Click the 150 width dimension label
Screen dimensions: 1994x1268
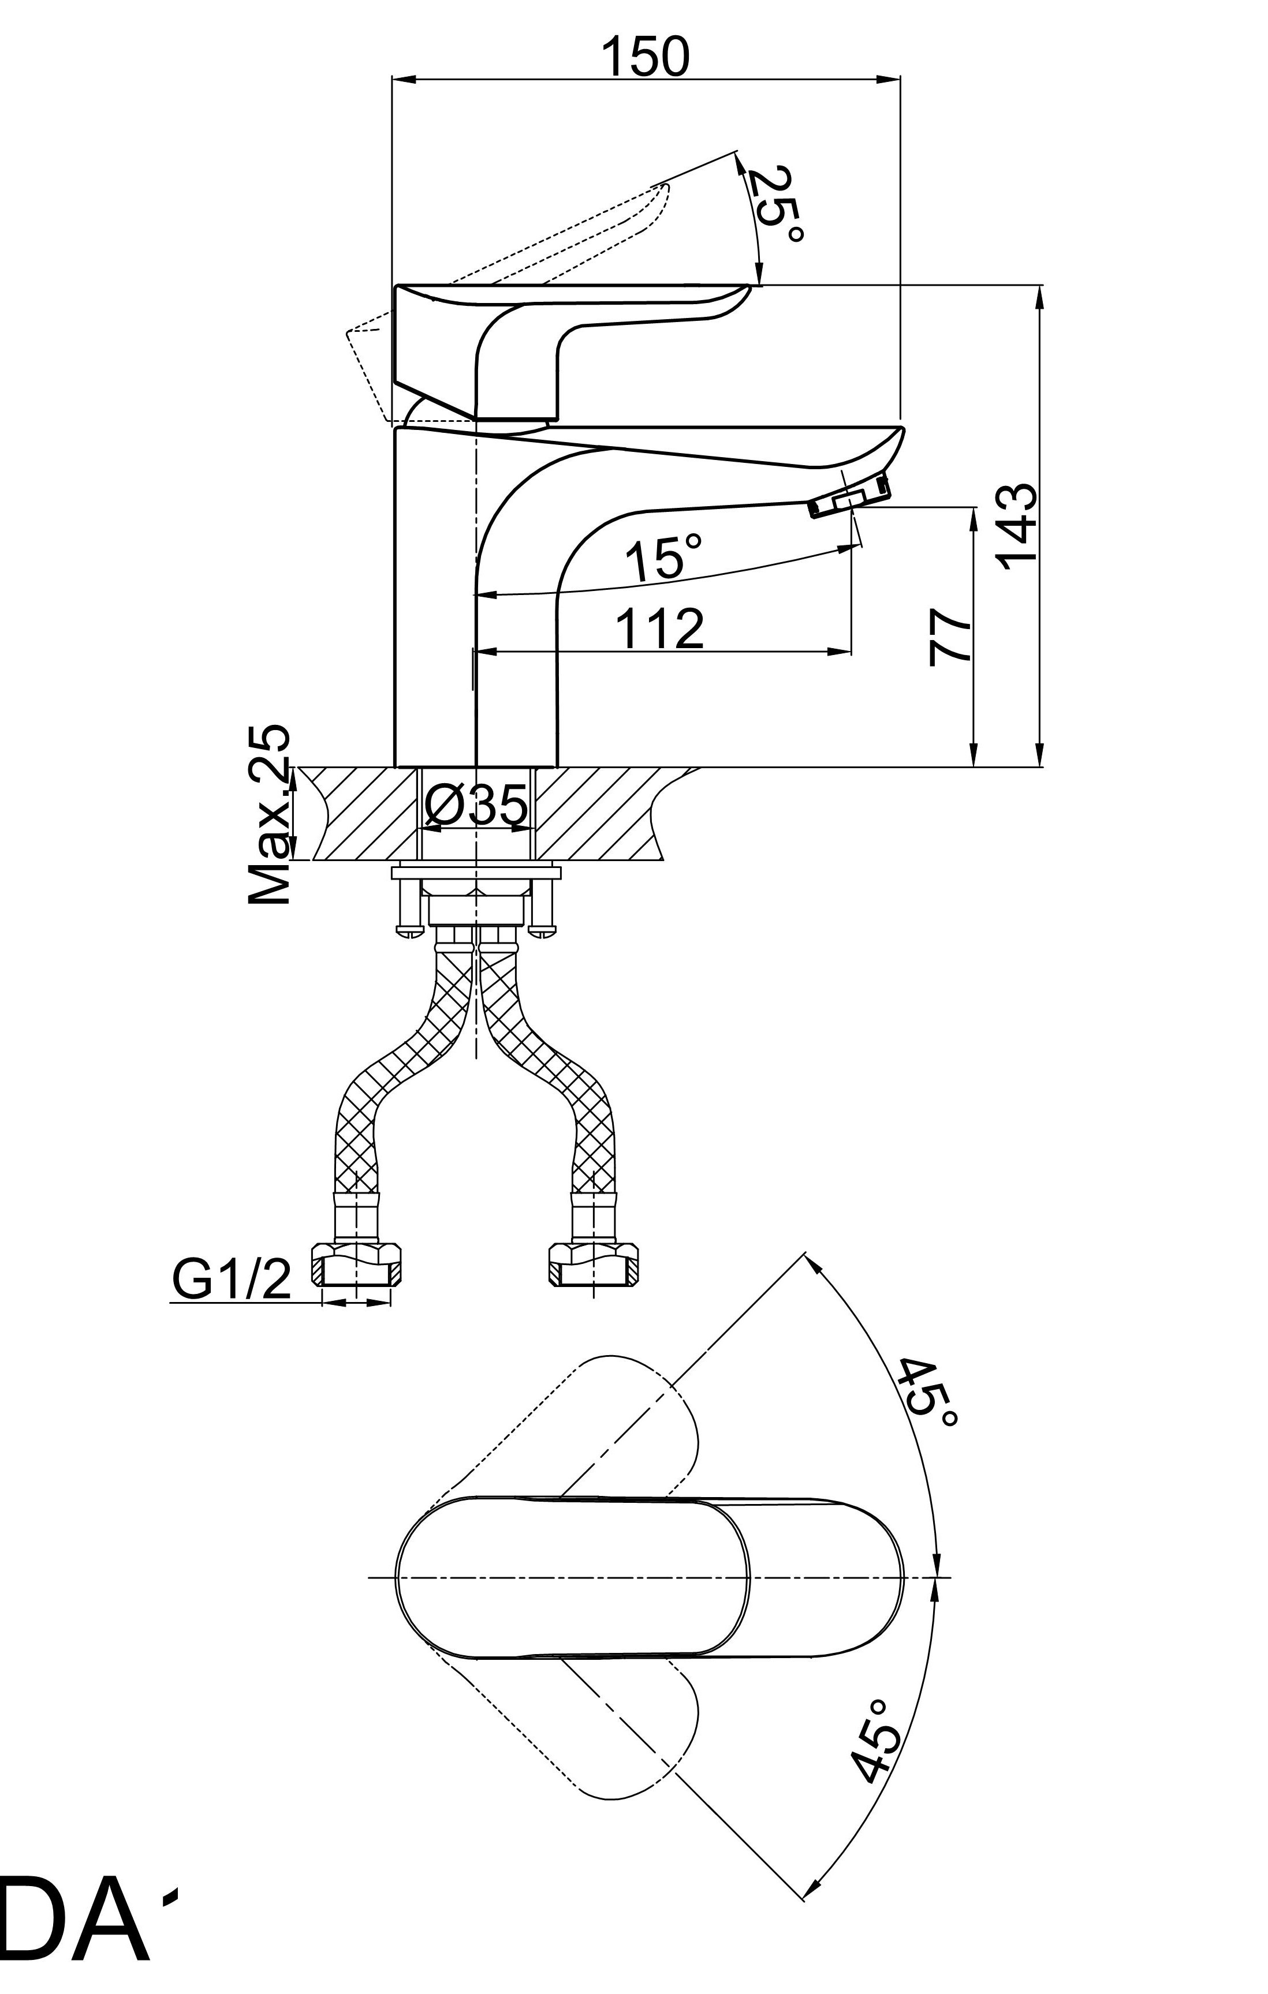coord(644,57)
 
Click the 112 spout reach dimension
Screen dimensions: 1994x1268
coord(660,628)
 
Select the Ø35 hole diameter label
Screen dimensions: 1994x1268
coord(476,806)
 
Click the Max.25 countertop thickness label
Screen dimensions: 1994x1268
coord(271,815)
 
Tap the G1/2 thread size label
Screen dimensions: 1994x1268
coord(232,1280)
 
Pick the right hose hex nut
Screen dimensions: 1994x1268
coord(595,1265)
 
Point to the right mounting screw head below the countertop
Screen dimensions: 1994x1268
coord(543,929)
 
